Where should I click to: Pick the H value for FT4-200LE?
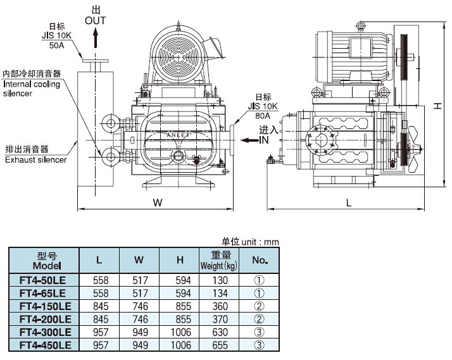pos(180,319)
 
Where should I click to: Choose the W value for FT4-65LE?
pos(140,292)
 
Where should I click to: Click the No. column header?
pos(260,260)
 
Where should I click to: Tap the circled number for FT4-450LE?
pos(259,345)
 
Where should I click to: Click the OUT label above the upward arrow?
pos(96,21)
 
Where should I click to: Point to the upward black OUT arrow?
pos(96,39)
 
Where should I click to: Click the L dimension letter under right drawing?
pos(349,202)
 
